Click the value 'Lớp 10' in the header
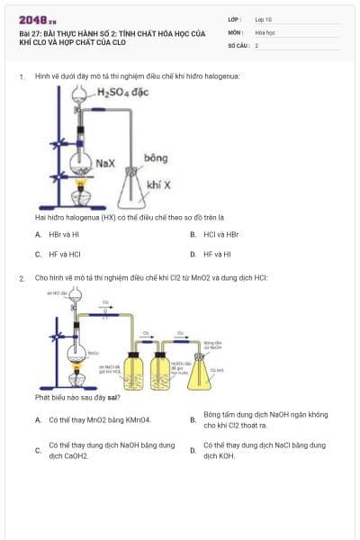click(263, 19)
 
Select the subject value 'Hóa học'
click(265, 31)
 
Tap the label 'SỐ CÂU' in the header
click(237, 44)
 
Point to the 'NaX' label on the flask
click(104, 164)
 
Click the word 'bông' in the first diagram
click(156, 158)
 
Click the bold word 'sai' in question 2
click(114, 397)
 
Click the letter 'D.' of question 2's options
click(193, 450)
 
